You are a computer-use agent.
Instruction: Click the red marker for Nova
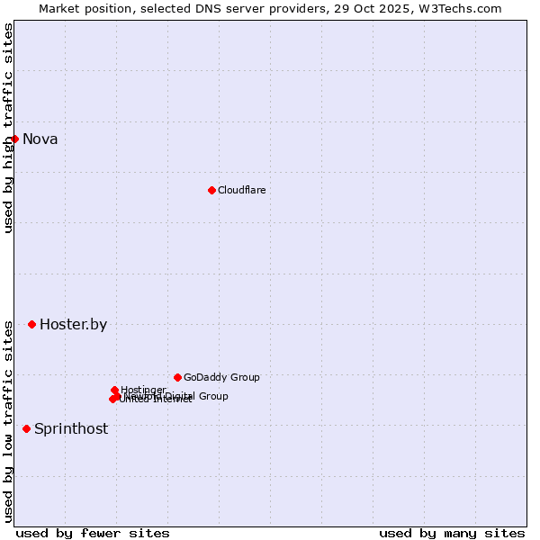click(x=14, y=139)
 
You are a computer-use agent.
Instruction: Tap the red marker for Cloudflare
click(x=211, y=190)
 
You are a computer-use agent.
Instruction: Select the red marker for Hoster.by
click(x=31, y=324)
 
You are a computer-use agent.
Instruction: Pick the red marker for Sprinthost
click(x=26, y=428)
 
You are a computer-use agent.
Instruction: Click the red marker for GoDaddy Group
click(x=177, y=377)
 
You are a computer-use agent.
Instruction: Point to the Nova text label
click(x=40, y=139)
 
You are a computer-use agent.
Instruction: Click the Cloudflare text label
click(x=241, y=190)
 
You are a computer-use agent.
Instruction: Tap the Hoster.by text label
click(x=73, y=325)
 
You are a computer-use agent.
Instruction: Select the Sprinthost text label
click(x=71, y=428)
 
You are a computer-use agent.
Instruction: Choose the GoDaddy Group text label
click(x=221, y=377)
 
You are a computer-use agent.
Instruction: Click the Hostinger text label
click(x=143, y=390)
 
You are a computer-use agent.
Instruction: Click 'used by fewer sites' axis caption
click(x=93, y=533)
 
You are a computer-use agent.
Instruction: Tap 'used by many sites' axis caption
click(x=452, y=533)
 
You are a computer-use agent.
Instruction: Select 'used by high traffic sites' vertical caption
click(x=8, y=128)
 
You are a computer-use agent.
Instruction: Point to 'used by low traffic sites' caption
click(x=8, y=421)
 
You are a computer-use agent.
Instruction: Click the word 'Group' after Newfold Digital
click(x=212, y=396)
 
